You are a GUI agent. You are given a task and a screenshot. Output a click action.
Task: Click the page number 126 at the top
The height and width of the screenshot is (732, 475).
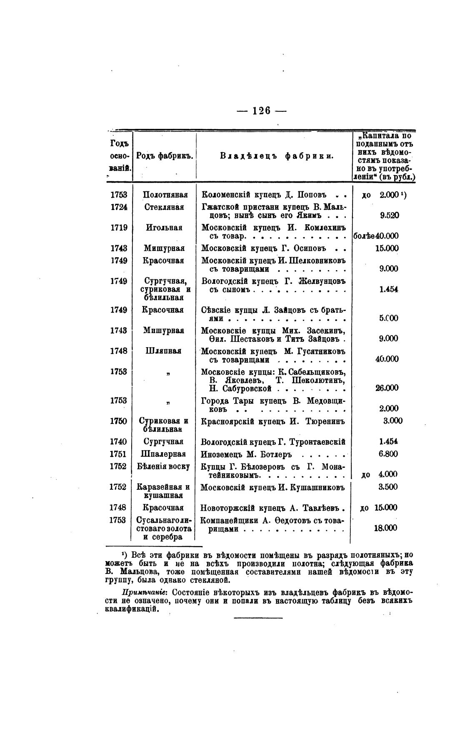click(262, 110)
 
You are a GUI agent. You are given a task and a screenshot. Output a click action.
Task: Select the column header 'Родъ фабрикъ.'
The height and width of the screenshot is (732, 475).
click(164, 156)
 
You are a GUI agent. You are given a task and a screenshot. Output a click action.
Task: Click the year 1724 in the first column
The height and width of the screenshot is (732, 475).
click(119, 207)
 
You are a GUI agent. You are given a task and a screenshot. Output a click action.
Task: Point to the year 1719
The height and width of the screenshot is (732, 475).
click(119, 228)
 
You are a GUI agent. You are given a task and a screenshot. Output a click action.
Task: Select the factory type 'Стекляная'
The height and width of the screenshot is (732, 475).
click(164, 207)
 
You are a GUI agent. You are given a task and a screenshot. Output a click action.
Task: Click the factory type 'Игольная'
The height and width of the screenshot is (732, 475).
click(164, 228)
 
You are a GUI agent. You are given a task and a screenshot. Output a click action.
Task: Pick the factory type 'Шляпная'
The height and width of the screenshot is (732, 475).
click(164, 351)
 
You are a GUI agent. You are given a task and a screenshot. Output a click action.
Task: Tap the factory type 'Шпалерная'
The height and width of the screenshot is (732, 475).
click(164, 454)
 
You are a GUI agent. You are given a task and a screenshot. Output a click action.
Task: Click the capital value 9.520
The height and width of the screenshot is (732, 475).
click(389, 216)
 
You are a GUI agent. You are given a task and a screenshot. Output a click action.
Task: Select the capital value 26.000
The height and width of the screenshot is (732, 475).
click(387, 388)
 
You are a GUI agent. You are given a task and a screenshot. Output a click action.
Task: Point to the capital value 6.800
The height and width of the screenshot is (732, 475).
click(388, 454)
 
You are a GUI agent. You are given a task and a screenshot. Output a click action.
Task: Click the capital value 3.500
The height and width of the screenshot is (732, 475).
click(388, 487)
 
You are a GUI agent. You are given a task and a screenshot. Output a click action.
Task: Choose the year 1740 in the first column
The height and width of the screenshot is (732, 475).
click(119, 442)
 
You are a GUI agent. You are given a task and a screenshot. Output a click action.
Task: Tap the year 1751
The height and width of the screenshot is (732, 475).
click(119, 454)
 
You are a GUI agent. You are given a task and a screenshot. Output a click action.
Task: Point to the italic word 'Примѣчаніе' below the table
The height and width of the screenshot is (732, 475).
click(145, 592)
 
